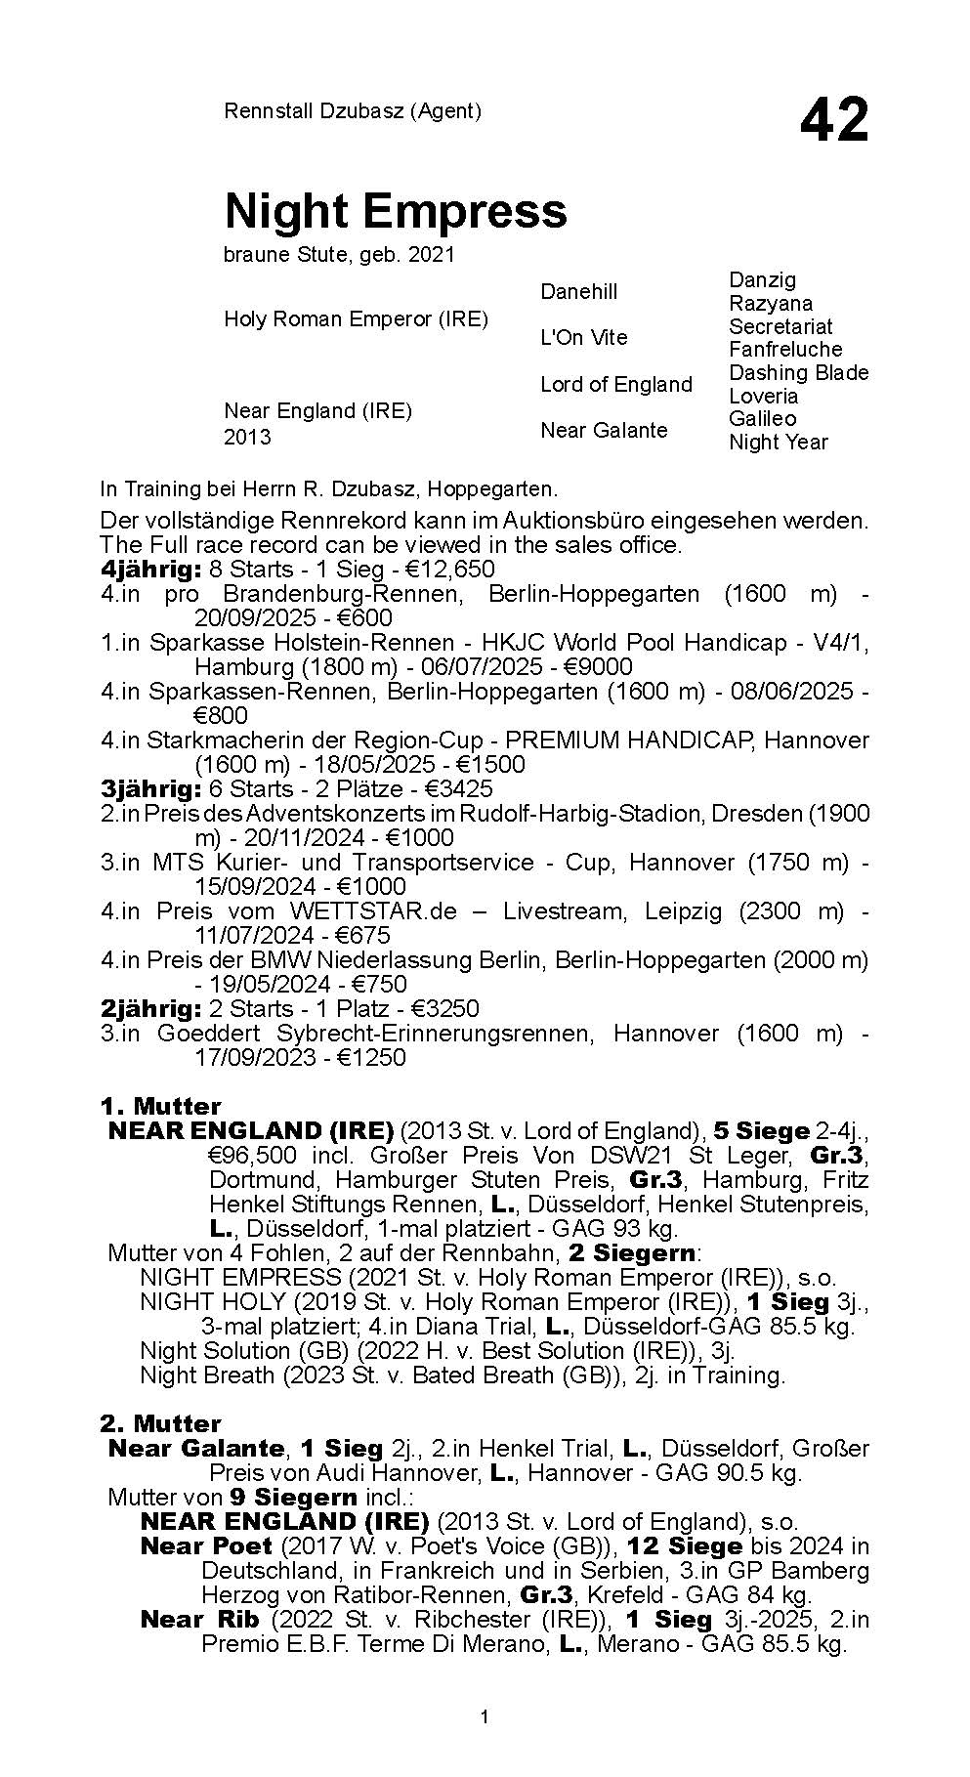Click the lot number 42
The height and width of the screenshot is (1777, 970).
pos(833,121)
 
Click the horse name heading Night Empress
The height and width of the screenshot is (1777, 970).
pos(396,210)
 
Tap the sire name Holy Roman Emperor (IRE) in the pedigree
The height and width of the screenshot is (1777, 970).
pos(356,319)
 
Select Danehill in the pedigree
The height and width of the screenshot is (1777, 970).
pos(579,291)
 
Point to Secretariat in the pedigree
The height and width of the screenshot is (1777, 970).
pos(780,326)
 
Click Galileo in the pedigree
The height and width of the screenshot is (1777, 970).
pos(762,418)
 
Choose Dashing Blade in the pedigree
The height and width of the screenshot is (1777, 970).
pos(798,372)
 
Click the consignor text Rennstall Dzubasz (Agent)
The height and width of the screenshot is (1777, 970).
pos(353,111)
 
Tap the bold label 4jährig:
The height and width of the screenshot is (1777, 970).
pos(151,570)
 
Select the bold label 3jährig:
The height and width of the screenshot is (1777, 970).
pos(151,789)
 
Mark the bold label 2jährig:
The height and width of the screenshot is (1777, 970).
pos(151,1009)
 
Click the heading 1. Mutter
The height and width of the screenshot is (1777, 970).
pos(160,1106)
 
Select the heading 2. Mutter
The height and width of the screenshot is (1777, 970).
pos(160,1423)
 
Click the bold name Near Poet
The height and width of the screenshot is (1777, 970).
pos(206,1546)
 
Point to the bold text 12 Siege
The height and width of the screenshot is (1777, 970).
pos(685,1546)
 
